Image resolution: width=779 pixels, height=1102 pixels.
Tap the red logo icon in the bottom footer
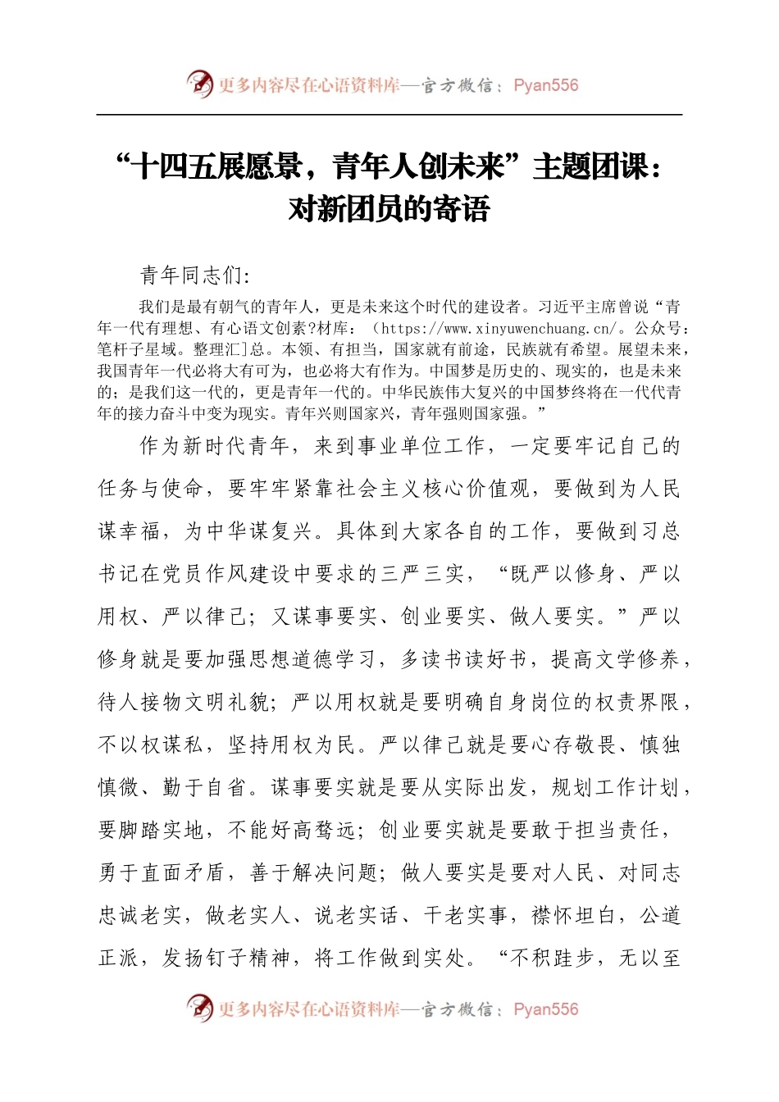coord(199,1008)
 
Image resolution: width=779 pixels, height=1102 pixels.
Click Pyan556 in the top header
coord(545,85)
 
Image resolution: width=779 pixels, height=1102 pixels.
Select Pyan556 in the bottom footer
coord(545,1009)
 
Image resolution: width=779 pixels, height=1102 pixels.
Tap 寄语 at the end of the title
coord(465,208)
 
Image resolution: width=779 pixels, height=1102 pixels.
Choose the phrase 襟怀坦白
coord(574,915)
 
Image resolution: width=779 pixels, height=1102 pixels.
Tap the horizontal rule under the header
coord(389,115)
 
